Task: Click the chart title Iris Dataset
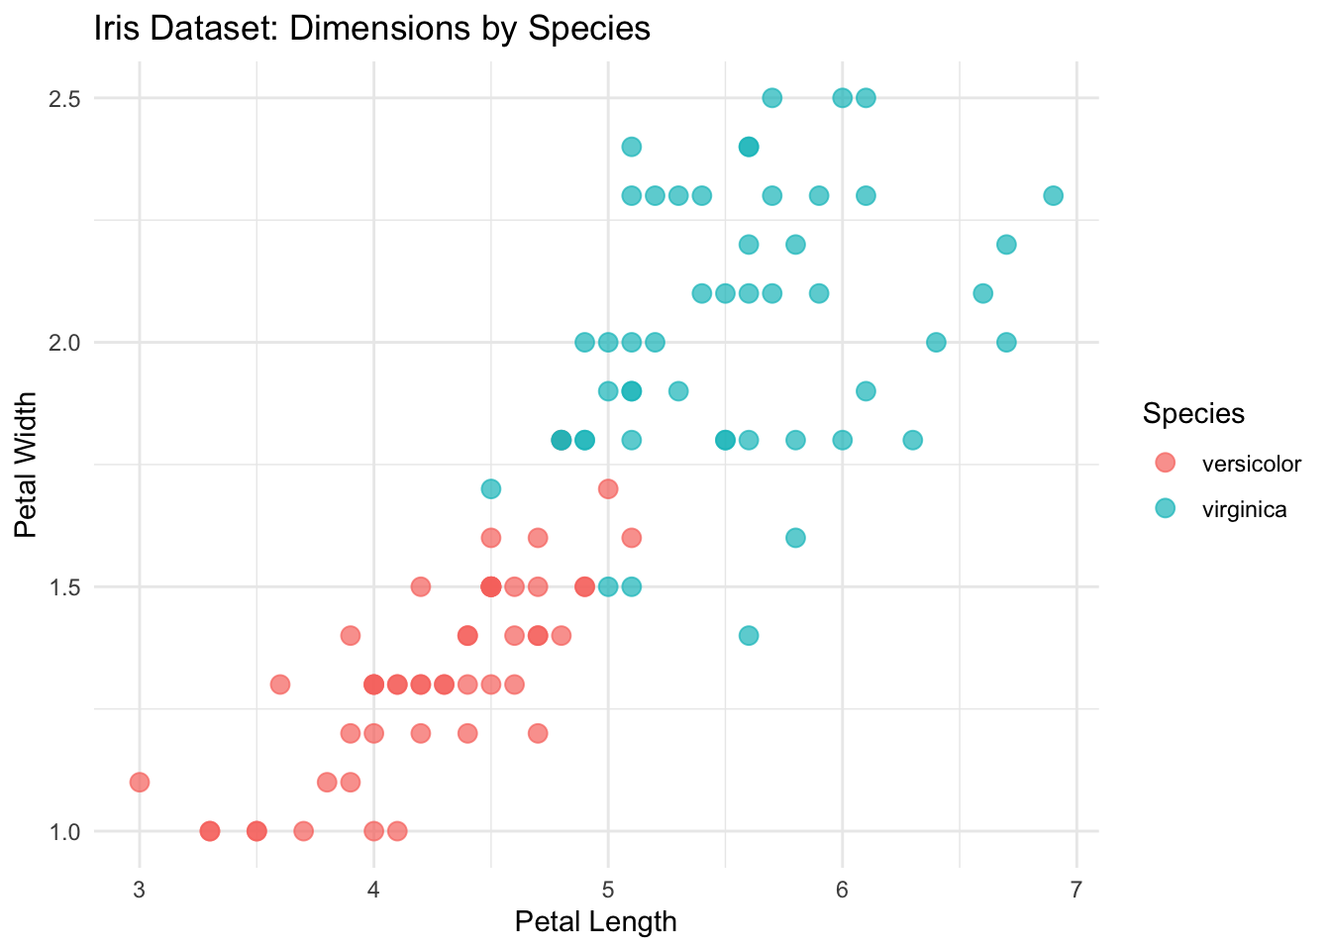371,29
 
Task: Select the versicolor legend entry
1251,463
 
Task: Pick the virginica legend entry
1244,510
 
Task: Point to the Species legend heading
1193,413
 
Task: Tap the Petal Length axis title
595,922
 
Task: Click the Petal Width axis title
27,464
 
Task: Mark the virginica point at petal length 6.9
1053,195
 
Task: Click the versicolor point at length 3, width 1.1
139,783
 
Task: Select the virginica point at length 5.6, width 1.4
749,635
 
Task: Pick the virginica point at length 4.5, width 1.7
490,488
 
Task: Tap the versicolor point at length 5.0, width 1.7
608,488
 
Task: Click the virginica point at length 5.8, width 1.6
795,538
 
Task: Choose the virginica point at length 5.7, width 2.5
771,98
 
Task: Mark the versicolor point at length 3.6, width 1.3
279,685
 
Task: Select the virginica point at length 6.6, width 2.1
982,293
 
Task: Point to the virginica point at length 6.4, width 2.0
936,343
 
